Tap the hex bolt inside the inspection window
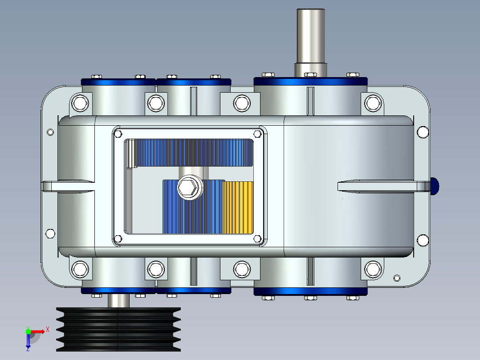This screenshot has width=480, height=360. click(189, 188)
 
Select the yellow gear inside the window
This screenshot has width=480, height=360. click(238, 208)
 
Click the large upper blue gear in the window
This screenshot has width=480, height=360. click(194, 152)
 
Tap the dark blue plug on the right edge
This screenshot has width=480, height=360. click(435, 186)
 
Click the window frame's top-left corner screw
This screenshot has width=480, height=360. click(118, 134)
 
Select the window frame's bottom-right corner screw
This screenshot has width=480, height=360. click(257, 239)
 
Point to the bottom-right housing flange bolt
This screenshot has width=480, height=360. click(373, 269)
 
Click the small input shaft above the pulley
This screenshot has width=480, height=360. click(118, 301)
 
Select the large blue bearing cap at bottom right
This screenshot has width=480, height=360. click(310, 291)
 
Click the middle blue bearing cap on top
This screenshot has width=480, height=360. click(193, 82)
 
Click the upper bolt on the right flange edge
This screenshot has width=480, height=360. click(423, 132)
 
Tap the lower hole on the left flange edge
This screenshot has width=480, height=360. click(50, 233)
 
